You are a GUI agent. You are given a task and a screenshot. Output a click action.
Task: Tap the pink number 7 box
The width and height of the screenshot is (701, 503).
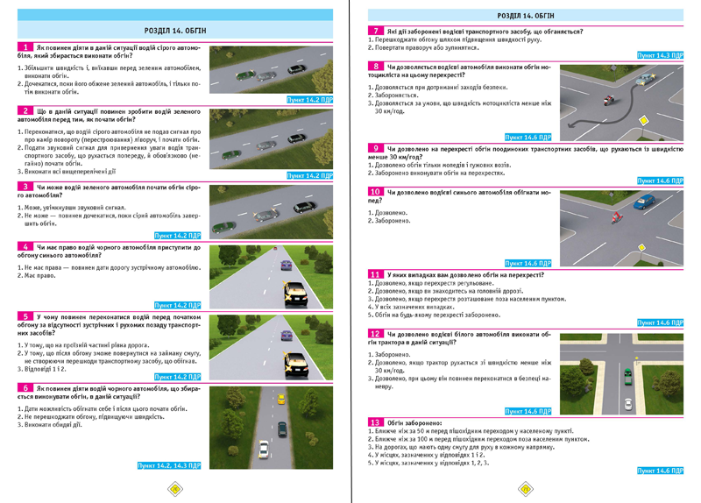pos(376,31)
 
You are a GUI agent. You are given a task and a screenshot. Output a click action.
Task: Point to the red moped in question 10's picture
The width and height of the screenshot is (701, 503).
pos(615,216)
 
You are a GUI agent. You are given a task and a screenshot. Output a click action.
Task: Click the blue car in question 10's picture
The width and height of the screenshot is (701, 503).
pos(644,202)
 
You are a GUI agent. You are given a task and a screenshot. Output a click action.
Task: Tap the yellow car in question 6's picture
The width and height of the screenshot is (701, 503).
pos(280,400)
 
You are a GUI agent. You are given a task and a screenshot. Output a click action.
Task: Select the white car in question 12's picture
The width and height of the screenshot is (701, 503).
pos(627,404)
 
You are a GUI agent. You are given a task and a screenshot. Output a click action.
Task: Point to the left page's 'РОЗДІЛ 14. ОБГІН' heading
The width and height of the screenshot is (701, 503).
pos(174,15)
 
